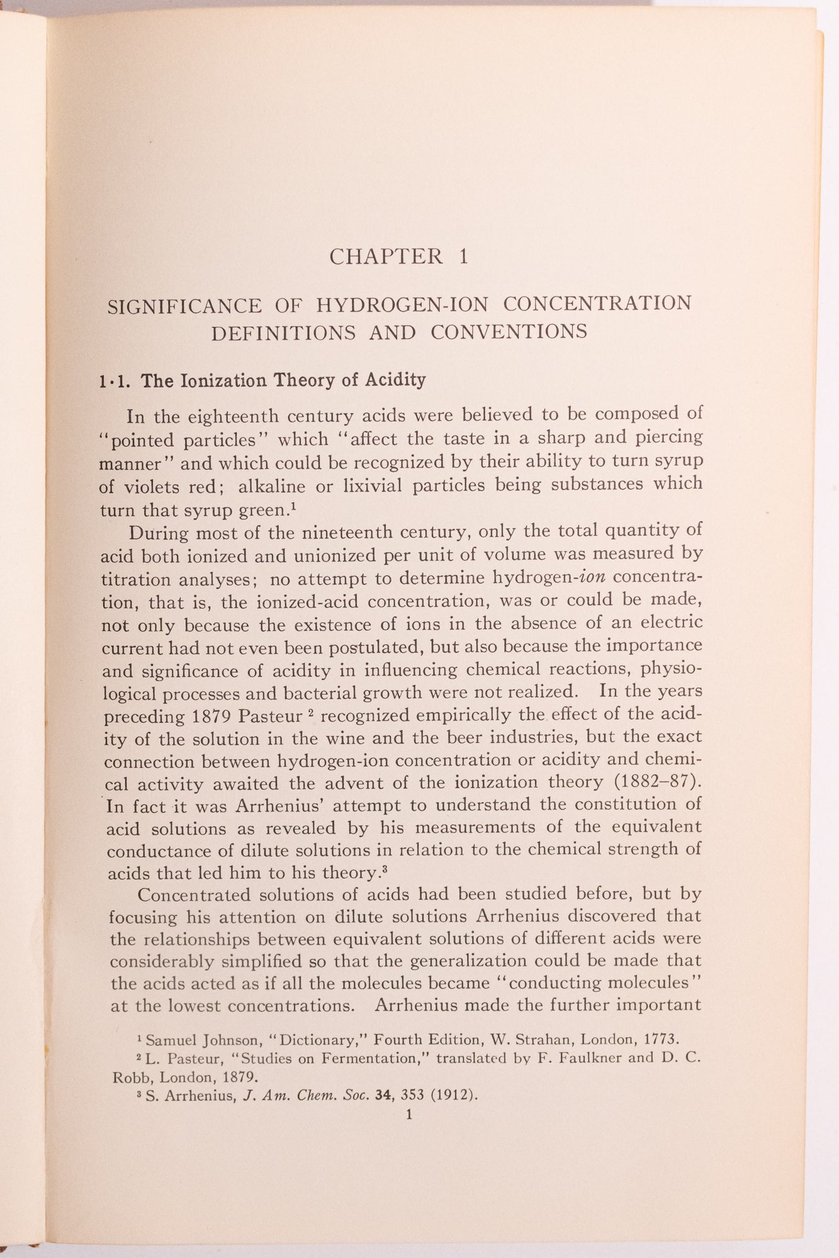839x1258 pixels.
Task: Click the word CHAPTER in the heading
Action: [386, 257]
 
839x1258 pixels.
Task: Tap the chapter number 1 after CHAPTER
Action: [464, 257]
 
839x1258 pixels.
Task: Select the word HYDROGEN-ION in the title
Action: [402, 305]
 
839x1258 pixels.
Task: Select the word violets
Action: [154, 487]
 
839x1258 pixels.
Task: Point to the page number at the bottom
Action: [410, 1115]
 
